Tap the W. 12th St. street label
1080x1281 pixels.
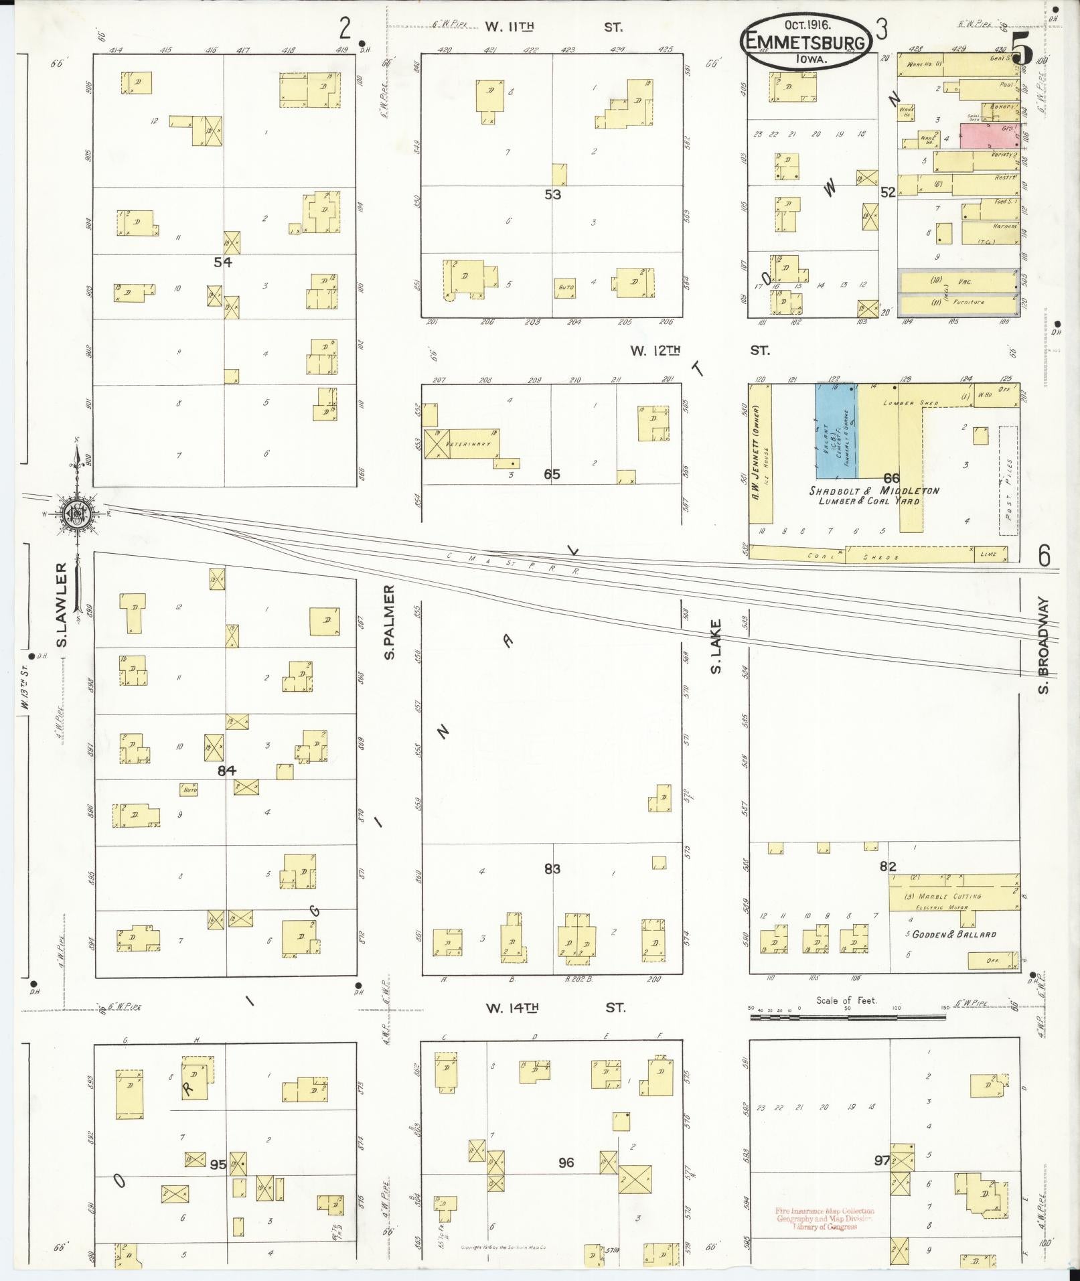click(699, 350)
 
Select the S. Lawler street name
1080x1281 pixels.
click(62, 605)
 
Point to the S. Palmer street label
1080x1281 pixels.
click(390, 621)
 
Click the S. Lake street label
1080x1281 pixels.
click(716, 646)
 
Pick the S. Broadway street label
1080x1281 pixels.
click(1043, 646)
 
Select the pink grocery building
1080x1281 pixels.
click(988, 135)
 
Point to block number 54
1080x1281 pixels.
click(223, 262)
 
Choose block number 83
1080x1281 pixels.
click(552, 869)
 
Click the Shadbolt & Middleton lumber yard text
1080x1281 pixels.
click(873, 496)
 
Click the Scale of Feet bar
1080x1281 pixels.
click(847, 1017)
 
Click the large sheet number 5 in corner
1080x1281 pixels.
click(1021, 48)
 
